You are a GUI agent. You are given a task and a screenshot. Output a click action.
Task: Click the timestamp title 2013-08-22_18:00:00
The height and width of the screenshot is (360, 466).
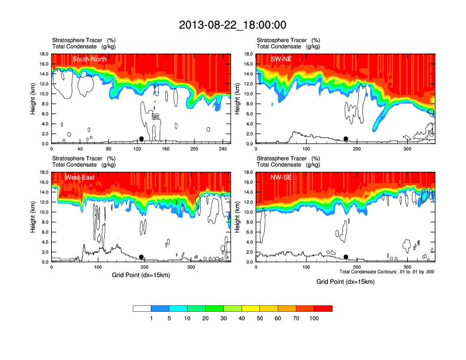click(232, 25)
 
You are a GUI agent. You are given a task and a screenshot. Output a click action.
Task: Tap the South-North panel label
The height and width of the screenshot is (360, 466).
click(90, 59)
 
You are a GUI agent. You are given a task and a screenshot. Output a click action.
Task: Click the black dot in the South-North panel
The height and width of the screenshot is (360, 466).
click(141, 139)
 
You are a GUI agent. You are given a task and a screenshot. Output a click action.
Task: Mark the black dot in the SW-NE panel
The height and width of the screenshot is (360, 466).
click(346, 139)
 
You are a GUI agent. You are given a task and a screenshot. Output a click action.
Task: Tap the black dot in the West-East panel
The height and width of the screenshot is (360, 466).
click(141, 257)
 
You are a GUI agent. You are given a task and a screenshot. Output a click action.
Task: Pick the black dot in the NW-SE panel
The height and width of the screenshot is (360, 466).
click(346, 257)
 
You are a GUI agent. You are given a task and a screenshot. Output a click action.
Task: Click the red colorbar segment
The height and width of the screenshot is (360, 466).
click(323, 308)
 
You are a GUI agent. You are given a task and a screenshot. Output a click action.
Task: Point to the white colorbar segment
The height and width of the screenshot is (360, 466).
click(142, 308)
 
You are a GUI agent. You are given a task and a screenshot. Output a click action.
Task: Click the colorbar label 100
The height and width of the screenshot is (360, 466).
click(314, 318)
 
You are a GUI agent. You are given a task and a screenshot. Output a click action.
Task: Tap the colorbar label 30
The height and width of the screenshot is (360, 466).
click(224, 318)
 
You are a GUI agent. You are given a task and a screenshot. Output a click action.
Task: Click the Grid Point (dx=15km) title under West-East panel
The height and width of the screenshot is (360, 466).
click(141, 275)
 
